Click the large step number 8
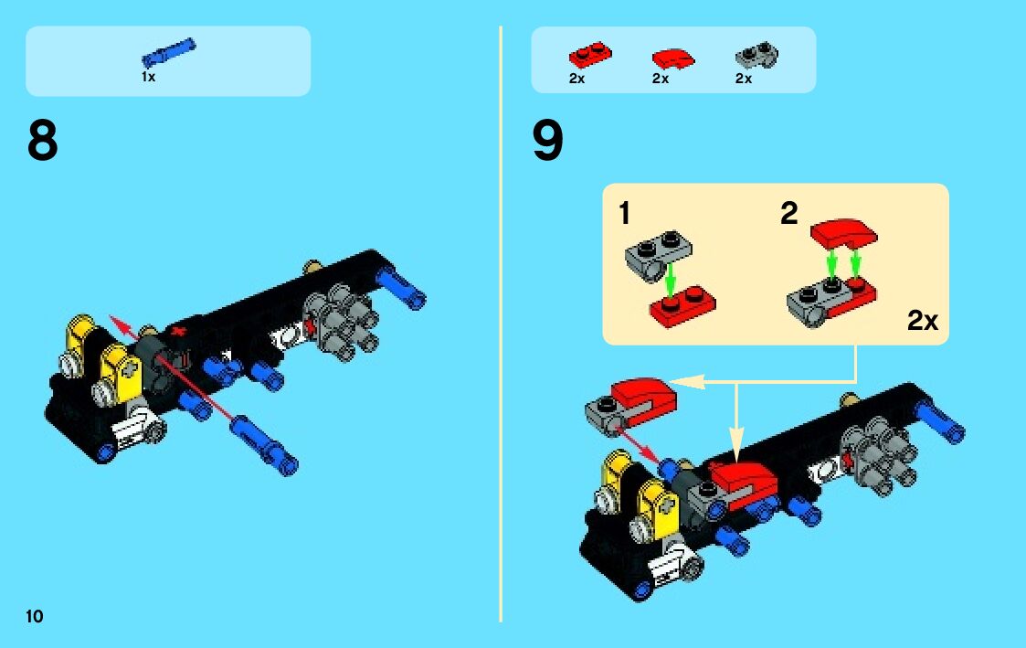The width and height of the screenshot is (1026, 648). click(x=43, y=140)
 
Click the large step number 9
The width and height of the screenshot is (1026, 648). click(x=547, y=140)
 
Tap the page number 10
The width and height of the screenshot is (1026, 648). click(x=35, y=616)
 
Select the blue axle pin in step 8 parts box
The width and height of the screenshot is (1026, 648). click(x=169, y=52)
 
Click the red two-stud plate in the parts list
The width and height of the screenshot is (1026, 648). click(x=590, y=55)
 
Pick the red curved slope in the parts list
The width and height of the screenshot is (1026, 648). click(x=673, y=58)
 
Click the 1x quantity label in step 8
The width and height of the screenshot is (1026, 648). click(x=149, y=77)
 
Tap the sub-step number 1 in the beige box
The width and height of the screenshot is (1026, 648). click(x=624, y=213)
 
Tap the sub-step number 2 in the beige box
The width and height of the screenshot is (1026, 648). click(x=789, y=213)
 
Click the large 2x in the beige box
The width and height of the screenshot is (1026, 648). click(x=923, y=320)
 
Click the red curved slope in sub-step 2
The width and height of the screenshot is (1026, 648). click(x=844, y=234)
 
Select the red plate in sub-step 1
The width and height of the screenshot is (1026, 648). click(x=682, y=307)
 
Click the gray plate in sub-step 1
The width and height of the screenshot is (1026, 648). click(x=658, y=255)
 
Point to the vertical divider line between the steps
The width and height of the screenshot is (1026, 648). click(x=501, y=324)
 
